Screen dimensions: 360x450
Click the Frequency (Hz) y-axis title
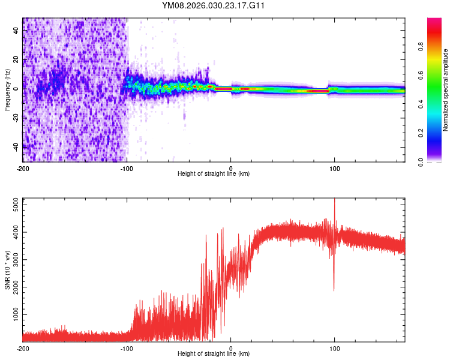(7, 90)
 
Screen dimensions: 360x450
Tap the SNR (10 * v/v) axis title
(7, 271)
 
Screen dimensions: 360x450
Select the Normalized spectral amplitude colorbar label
(445, 90)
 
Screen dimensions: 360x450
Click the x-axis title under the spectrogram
(214, 174)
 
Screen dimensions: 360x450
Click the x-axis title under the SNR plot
(214, 354)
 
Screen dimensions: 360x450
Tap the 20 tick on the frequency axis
(16, 60)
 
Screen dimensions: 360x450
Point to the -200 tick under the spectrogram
(23, 169)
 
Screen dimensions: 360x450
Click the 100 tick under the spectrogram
(335, 169)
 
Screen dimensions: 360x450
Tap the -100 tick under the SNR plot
(127, 348)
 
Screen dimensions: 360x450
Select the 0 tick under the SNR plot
(231, 348)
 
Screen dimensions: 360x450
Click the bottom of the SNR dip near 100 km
(334, 290)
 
